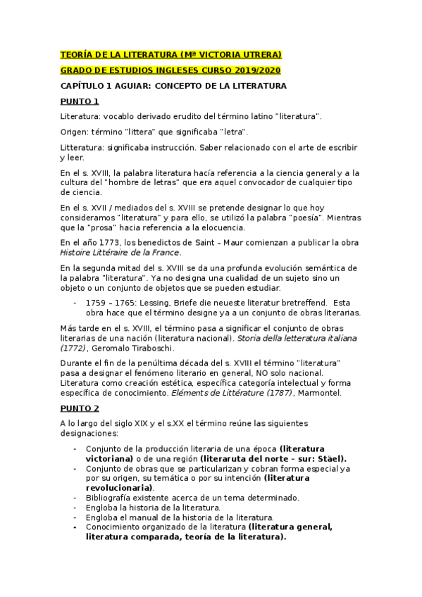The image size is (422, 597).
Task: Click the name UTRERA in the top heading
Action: pos(260,55)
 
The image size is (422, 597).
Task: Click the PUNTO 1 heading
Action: pos(80,101)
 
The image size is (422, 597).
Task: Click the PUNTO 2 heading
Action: pos(80,408)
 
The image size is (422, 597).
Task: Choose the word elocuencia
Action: pos(218,227)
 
